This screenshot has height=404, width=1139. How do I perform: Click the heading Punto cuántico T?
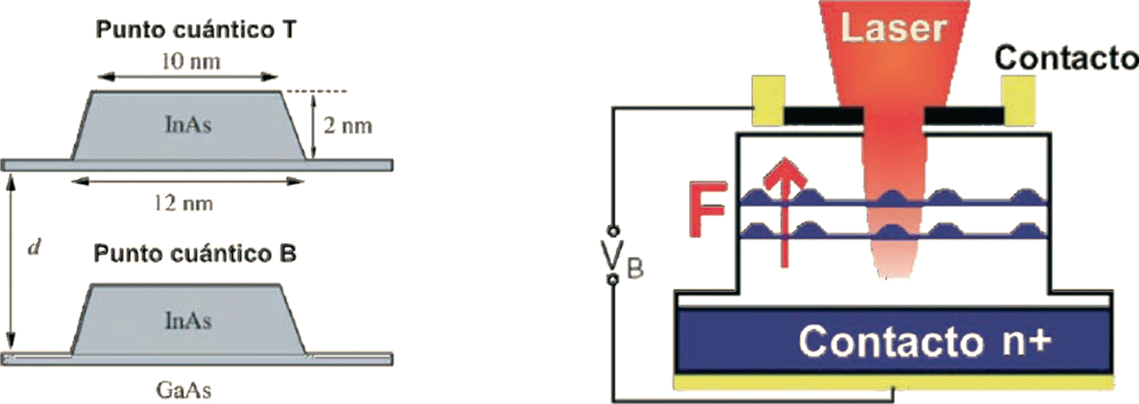(x=196, y=30)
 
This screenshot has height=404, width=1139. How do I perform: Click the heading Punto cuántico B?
(x=194, y=254)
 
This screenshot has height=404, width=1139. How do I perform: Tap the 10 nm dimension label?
(x=191, y=61)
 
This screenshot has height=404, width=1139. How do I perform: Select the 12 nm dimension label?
(x=183, y=203)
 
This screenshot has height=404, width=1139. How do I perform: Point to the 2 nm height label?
(x=348, y=125)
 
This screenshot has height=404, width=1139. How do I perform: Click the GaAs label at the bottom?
(x=183, y=390)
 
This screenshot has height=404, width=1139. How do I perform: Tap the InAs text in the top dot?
(x=188, y=125)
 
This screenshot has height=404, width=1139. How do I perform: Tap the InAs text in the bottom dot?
(x=188, y=321)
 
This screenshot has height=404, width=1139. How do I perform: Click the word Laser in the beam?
(x=894, y=28)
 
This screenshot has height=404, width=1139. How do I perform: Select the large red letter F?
(x=707, y=210)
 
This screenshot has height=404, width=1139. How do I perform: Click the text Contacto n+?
(x=924, y=341)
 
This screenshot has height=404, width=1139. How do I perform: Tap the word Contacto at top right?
(x=1066, y=58)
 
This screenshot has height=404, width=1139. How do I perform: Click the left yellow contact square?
(x=768, y=100)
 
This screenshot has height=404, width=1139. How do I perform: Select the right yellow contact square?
(x=1018, y=100)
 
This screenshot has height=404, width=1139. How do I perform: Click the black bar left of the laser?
(x=823, y=116)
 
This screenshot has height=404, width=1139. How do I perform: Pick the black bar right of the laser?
(x=964, y=116)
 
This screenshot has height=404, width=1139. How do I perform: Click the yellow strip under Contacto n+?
(x=893, y=382)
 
